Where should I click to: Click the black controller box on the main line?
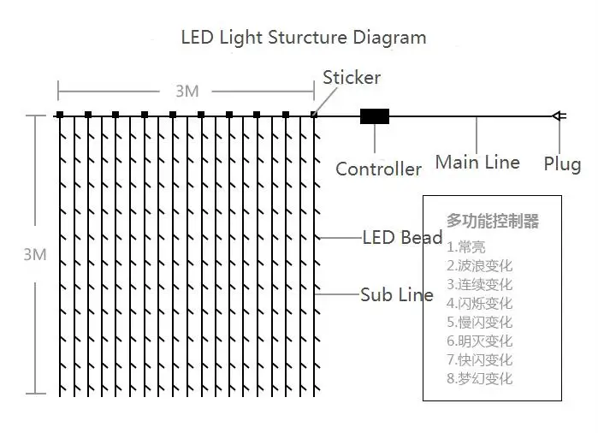[375, 116]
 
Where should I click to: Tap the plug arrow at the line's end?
[560, 116]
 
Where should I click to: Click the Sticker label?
[352, 78]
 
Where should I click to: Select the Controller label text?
[378, 169]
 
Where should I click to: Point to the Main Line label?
[477, 163]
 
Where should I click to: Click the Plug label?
[562, 164]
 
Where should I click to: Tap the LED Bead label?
[402, 237]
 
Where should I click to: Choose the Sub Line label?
[397, 294]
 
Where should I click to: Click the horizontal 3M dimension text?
[187, 92]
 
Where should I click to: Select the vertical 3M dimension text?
[35, 254]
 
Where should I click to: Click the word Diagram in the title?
[389, 39]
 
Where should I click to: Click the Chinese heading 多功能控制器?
[493, 221]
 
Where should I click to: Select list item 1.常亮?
[466, 246]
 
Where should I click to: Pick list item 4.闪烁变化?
[479, 303]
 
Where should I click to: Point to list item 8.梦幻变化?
[479, 378]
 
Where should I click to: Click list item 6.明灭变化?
[479, 341]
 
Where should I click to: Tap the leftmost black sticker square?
[60, 115]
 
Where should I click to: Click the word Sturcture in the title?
[307, 38]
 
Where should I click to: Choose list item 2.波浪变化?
[479, 265]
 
